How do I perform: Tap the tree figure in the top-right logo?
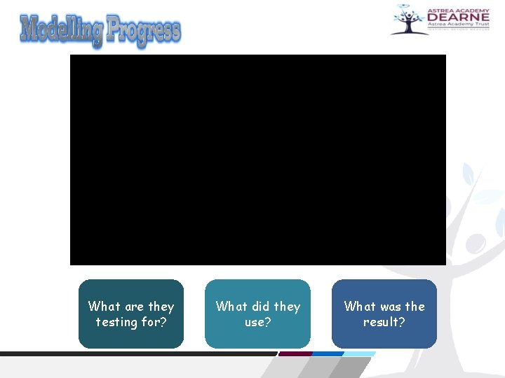coord(406,20)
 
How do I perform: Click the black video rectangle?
coord(257,160)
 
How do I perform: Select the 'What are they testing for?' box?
coord(131,314)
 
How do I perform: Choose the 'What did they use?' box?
coord(257,314)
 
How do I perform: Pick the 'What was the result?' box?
coord(384,314)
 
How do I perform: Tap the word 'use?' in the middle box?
coord(257,322)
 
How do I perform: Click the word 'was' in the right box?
coord(391,307)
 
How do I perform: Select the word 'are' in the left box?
coord(134,307)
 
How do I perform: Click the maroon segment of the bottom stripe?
coord(295,353)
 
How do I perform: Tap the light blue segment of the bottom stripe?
coord(359,353)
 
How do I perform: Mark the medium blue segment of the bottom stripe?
coord(327,353)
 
